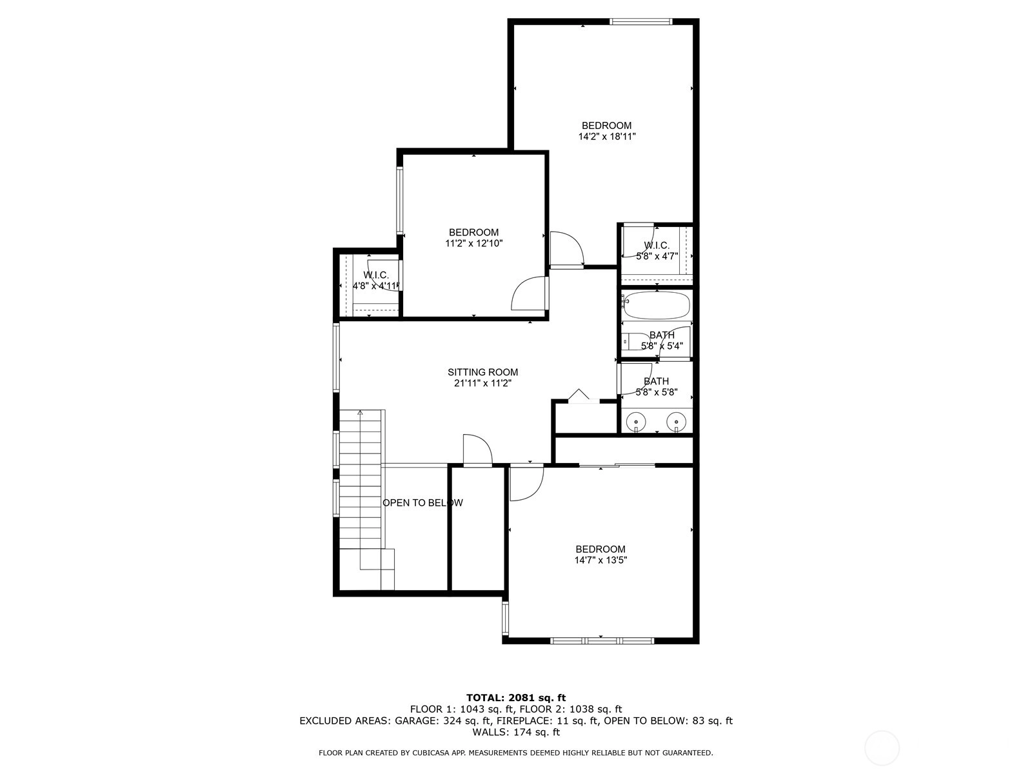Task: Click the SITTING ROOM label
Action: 482,372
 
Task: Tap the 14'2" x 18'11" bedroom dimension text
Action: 606,137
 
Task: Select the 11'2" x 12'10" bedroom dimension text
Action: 474,243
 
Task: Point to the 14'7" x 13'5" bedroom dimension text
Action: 600,560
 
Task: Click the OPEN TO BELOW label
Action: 422,503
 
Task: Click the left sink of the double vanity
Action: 636,421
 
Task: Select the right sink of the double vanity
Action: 676,421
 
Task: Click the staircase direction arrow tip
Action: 360,411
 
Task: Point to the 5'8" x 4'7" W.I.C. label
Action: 657,251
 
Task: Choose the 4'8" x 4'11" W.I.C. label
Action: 375,281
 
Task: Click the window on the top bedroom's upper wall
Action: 641,21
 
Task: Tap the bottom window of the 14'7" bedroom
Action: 602,640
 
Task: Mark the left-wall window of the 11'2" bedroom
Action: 400,201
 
